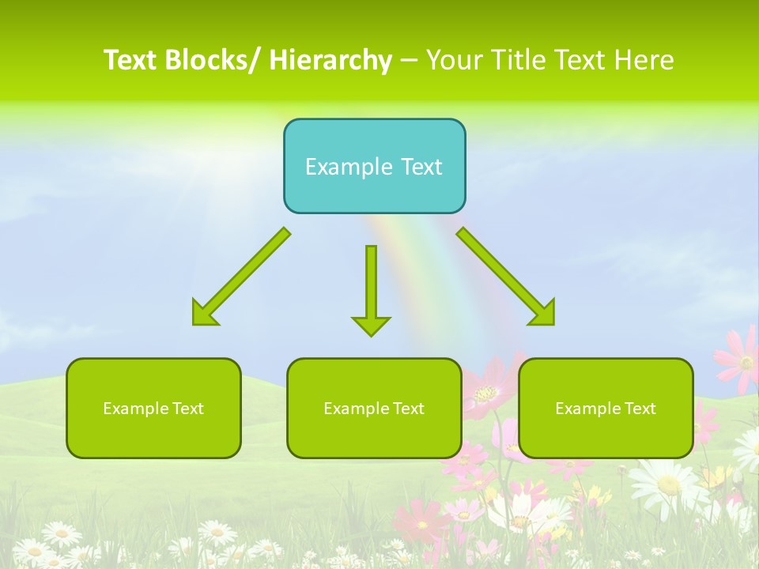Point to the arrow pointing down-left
coord(242,277)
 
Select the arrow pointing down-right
coord(505,277)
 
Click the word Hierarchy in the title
coord(330,60)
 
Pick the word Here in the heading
coord(644,60)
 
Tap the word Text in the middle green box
coord(406,409)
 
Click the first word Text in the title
coord(131,60)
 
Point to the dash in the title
coord(409,62)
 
